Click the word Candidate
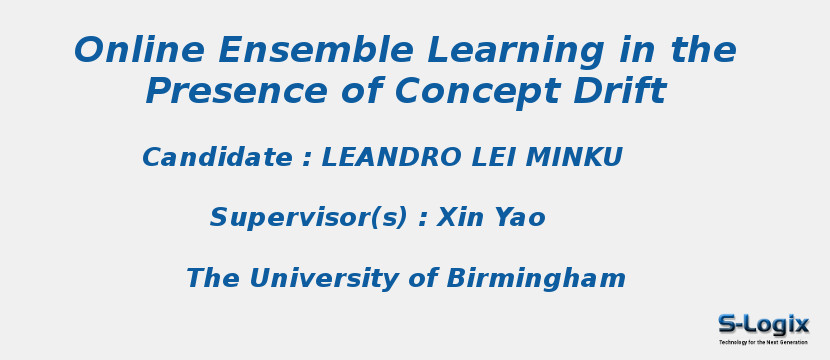[217, 158]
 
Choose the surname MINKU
[575, 158]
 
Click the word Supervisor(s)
[309, 218]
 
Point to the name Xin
[460, 218]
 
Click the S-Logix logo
[763, 324]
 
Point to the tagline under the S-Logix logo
[763, 342]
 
